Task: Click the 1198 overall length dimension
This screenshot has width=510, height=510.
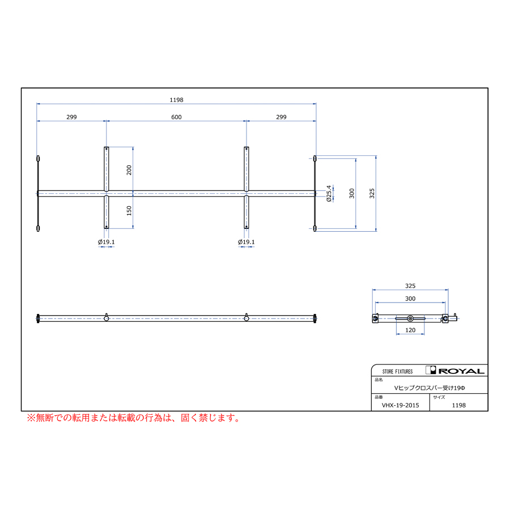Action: click(176, 100)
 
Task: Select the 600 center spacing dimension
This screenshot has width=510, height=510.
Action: click(176, 117)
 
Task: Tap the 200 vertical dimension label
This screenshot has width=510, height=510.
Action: click(129, 170)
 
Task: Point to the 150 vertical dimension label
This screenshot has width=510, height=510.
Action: click(129, 211)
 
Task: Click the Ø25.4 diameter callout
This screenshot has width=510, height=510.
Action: click(329, 194)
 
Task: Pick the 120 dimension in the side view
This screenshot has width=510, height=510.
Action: click(410, 330)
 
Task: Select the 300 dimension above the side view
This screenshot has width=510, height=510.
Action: click(410, 299)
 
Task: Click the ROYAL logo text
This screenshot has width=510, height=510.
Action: click(461, 371)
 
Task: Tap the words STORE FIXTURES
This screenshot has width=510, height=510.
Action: click(397, 371)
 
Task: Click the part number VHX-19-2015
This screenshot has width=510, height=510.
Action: click(401, 405)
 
